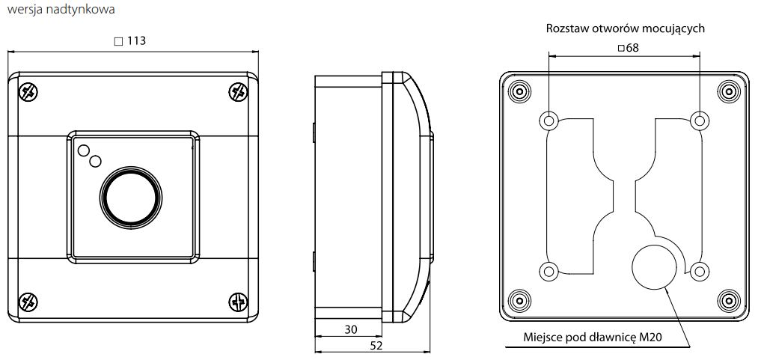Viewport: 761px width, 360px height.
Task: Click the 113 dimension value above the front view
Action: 135,41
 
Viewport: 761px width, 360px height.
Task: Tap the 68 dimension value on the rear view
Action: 632,49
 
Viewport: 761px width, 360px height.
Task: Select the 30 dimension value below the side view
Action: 351,329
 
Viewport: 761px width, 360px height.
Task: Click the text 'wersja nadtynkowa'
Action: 61,10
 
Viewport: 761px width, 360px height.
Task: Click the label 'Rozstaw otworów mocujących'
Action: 626,28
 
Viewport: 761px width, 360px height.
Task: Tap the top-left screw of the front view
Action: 28,92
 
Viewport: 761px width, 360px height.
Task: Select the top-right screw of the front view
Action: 237,92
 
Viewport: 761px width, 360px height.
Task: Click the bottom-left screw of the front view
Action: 28,302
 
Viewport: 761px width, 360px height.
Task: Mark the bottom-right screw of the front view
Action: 237,302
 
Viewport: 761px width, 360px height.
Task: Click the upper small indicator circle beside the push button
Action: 82,150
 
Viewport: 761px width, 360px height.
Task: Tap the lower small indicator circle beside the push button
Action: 95,161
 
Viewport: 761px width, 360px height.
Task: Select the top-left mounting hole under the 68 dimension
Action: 548,120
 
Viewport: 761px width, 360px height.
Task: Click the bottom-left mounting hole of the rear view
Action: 548,271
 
